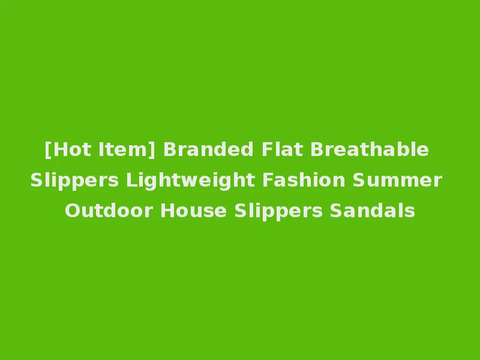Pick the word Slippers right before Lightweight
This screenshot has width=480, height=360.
(x=75, y=181)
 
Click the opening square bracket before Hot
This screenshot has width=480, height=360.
(x=47, y=149)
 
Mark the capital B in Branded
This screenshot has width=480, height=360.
(x=169, y=149)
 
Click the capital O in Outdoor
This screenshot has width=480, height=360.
(x=71, y=211)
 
